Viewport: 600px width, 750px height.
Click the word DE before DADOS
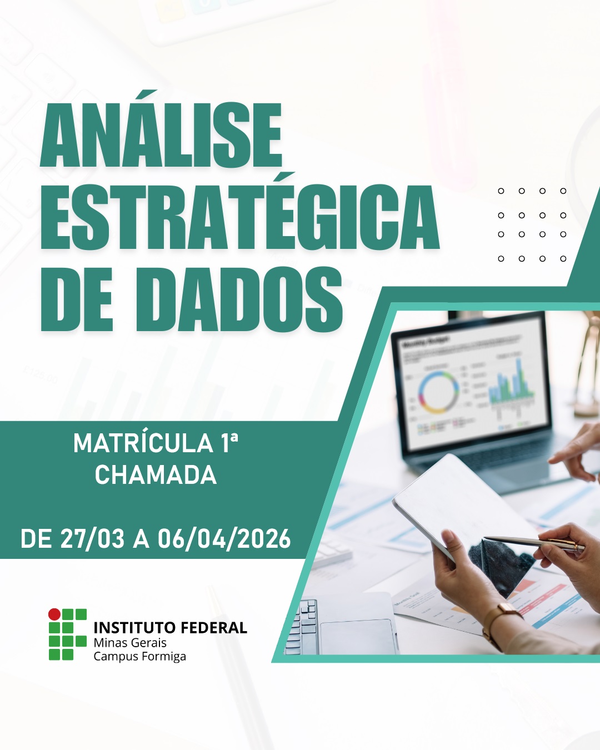coord(77,299)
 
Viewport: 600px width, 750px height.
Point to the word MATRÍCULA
coord(143,444)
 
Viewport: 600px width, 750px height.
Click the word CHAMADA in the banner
coord(156,474)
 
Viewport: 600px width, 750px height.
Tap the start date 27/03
coord(92,538)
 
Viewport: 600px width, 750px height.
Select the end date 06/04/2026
coord(224,538)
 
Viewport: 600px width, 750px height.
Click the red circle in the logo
coord(54,614)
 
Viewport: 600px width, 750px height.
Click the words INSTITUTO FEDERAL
coord(170,627)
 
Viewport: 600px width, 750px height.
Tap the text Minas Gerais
coord(129,642)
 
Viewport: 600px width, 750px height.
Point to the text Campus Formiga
coord(139,656)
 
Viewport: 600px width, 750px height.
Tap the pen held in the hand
coord(533,542)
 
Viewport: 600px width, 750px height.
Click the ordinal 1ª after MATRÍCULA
coord(230,444)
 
